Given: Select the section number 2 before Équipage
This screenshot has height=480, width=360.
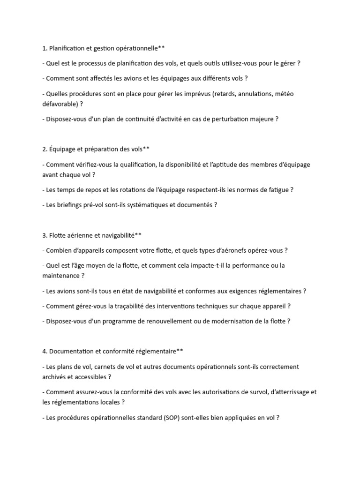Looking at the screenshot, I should (x=44, y=149).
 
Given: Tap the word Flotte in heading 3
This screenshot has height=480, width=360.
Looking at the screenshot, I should (x=59, y=235).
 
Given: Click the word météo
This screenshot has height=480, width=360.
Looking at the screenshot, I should (x=285, y=94).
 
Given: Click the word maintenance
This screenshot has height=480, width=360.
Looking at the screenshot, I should (x=61, y=276).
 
